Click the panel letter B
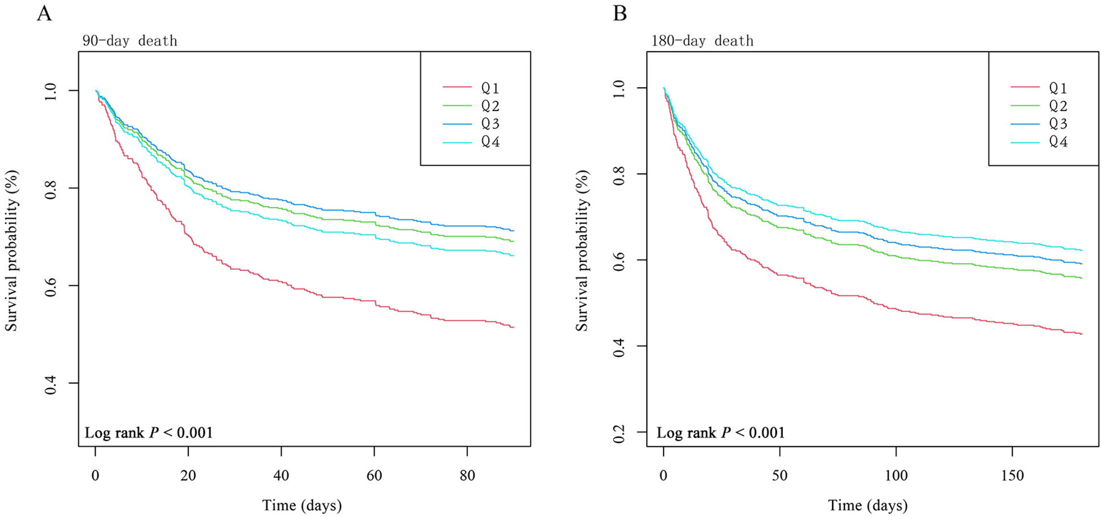[x=619, y=13]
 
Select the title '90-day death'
[x=130, y=41]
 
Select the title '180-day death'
[x=702, y=41]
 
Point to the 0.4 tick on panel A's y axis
[x=51, y=384]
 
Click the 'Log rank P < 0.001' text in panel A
[x=149, y=433]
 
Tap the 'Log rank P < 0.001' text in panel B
[x=721, y=433]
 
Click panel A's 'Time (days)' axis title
[x=302, y=505]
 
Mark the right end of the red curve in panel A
[x=513, y=328]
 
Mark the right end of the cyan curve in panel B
[x=1082, y=250]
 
